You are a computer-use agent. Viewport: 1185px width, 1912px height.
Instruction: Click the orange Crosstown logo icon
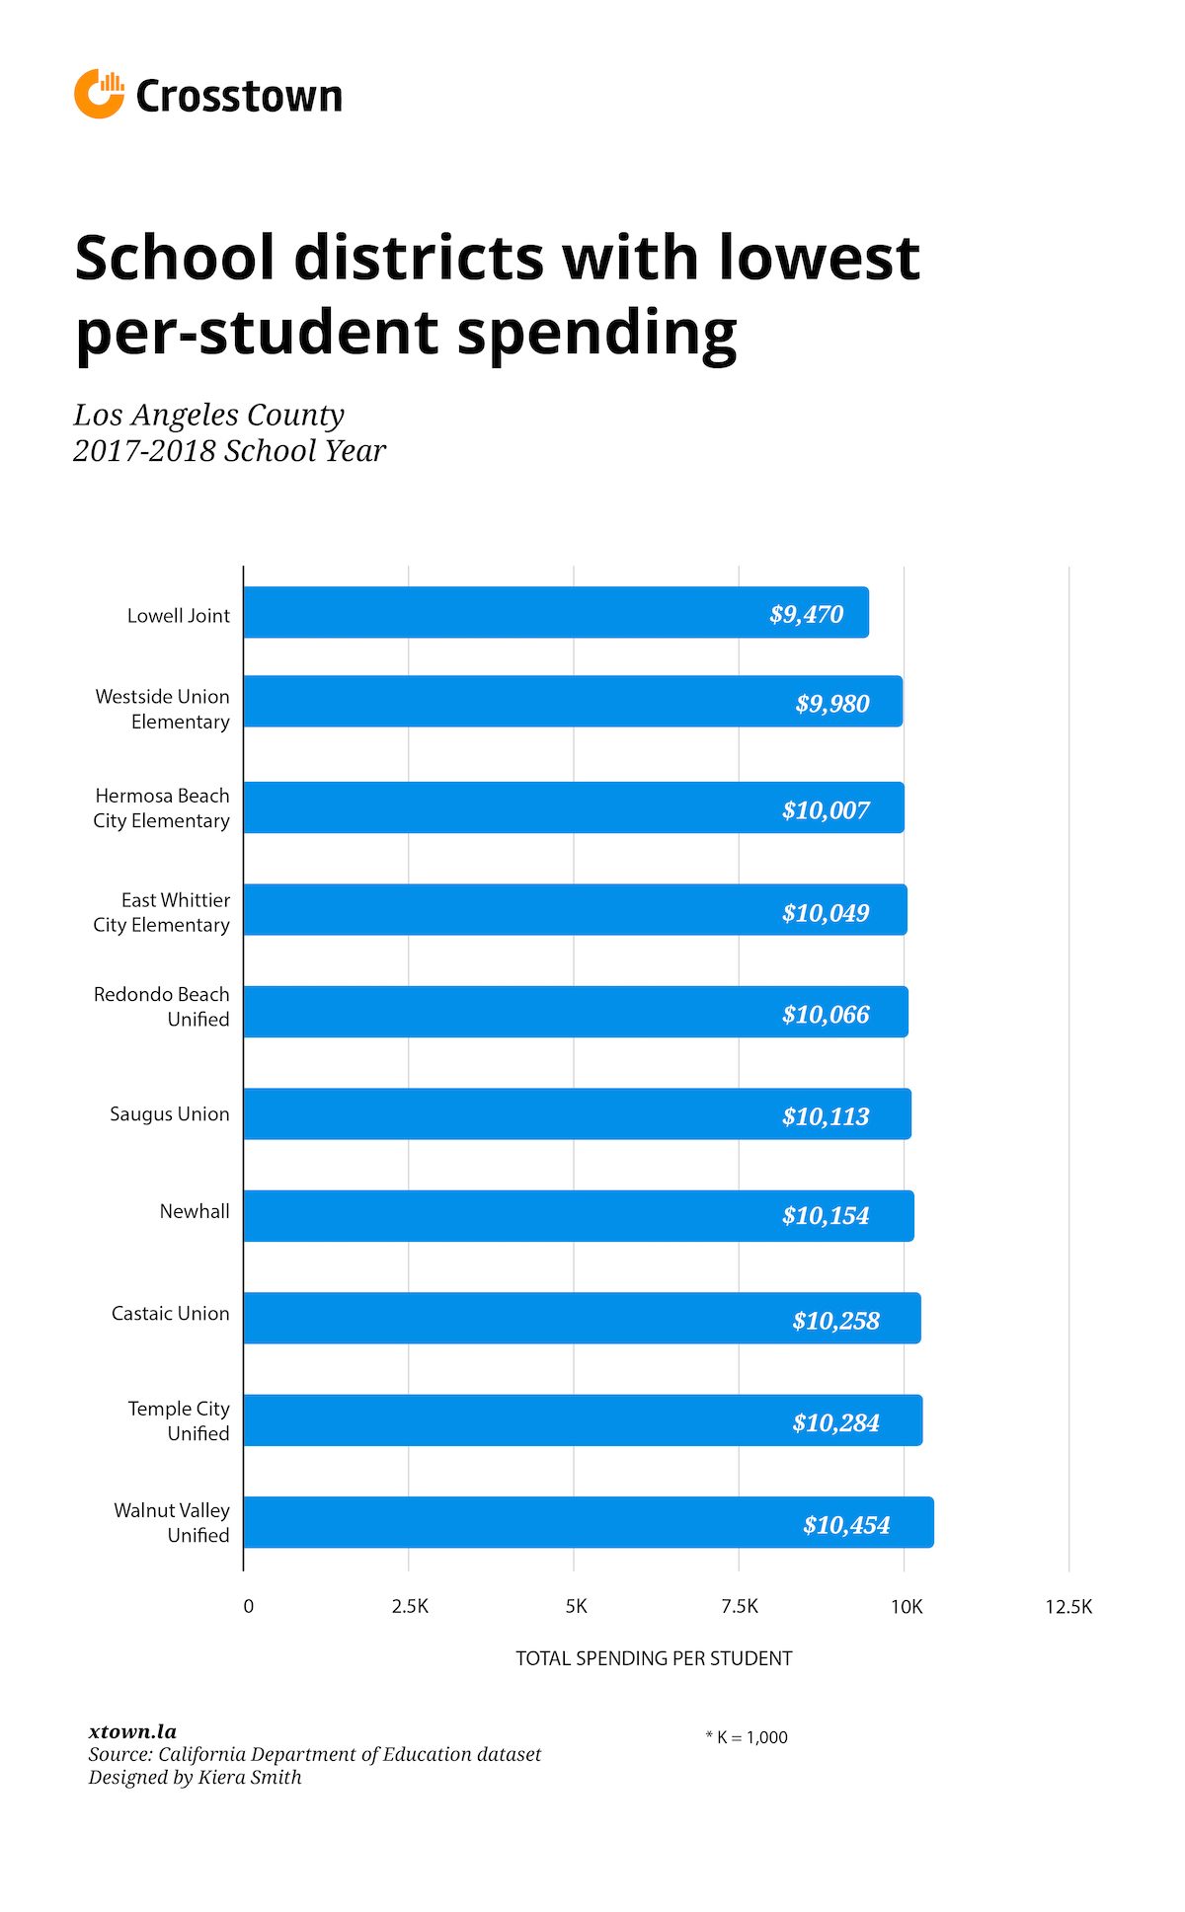click(x=99, y=95)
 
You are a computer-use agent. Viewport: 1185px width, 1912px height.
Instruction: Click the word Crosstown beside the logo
click(x=239, y=97)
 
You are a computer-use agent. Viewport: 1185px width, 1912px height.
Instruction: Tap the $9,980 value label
click(x=832, y=704)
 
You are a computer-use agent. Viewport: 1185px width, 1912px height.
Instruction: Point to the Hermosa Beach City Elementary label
click(x=162, y=808)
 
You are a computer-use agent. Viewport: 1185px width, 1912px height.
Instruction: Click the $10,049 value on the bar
click(x=826, y=913)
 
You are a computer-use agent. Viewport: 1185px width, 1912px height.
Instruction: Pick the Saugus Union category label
click(x=170, y=1114)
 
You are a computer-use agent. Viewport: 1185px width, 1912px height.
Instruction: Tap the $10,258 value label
click(x=835, y=1321)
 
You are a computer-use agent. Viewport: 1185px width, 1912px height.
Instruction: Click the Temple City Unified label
click(x=180, y=1421)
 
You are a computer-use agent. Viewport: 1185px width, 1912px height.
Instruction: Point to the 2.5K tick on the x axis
click(x=410, y=1607)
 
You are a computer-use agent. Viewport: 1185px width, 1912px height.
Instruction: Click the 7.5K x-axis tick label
click(x=740, y=1607)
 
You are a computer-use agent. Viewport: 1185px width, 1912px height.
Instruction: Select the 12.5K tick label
click(x=1068, y=1607)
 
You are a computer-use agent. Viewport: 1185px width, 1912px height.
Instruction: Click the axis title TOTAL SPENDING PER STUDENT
click(x=654, y=1658)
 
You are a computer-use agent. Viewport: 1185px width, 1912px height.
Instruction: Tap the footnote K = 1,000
click(x=748, y=1737)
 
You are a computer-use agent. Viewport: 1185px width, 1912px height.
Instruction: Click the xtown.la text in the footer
click(x=132, y=1731)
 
